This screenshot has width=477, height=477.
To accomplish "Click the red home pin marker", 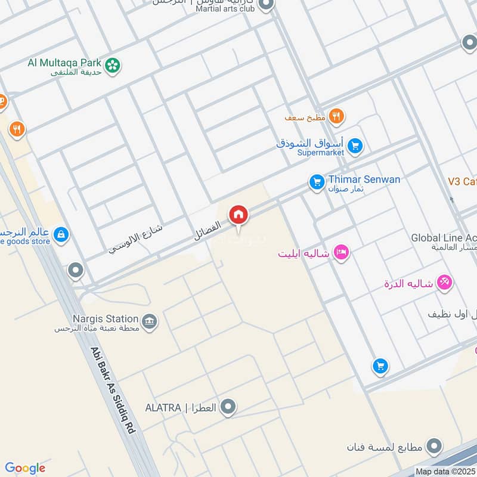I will point(238,213).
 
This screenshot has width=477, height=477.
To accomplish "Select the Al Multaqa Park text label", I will point(64,63).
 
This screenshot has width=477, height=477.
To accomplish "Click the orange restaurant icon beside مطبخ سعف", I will point(336,117).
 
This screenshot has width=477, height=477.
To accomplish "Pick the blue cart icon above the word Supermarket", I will point(355,145).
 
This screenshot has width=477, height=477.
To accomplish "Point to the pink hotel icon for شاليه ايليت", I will point(342,252).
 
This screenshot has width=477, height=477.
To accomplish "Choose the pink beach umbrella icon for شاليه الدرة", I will point(444,283).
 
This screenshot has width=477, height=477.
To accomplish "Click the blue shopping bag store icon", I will point(60,235).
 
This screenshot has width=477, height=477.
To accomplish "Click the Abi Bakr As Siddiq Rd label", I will point(114,392).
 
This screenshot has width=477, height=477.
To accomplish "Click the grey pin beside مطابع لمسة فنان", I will point(435,445).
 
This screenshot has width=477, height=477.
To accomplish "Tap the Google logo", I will point(25,468).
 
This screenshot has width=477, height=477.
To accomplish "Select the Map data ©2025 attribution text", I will point(445,472).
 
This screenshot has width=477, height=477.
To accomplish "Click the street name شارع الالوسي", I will point(136,240).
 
